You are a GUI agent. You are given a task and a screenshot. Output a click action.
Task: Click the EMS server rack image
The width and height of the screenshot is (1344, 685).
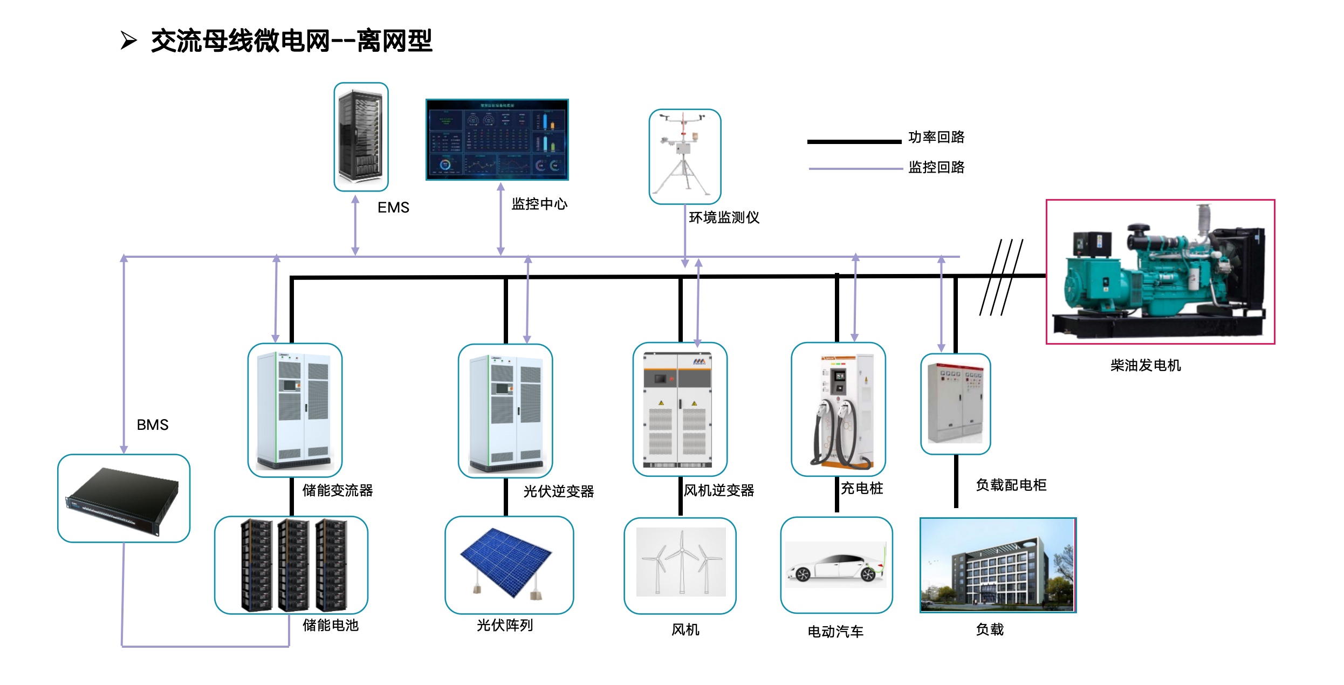tap(361, 136)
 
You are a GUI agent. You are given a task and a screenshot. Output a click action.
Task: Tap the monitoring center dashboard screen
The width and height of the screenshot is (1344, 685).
tap(497, 139)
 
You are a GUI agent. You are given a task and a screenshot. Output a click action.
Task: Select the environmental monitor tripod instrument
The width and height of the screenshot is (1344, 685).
tap(684, 156)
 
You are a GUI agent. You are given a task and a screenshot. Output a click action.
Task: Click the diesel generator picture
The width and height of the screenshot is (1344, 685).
tap(1160, 271)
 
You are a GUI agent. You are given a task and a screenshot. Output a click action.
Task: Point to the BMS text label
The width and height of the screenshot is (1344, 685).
tap(153, 425)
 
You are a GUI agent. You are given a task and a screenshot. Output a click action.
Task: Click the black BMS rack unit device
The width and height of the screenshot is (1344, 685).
tap(124, 498)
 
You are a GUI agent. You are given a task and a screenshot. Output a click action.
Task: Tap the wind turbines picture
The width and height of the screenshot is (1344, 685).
tap(680, 564)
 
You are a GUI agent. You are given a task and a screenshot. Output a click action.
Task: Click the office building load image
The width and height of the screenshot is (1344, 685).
tap(998, 565)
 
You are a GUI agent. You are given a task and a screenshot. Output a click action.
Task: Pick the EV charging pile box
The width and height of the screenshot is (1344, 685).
tap(838, 409)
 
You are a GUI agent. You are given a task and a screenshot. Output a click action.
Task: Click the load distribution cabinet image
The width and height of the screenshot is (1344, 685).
tap(955, 403)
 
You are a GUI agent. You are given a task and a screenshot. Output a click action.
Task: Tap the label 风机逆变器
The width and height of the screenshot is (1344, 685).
tap(719, 490)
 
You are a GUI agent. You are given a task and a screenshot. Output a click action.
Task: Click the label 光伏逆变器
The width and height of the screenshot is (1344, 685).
tap(559, 491)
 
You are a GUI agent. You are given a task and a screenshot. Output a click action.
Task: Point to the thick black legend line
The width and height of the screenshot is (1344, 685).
tap(854, 142)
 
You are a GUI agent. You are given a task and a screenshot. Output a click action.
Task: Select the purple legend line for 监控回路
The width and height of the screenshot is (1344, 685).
tap(855, 169)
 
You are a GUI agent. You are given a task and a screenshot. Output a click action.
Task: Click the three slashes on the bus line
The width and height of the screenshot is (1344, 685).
tap(1001, 277)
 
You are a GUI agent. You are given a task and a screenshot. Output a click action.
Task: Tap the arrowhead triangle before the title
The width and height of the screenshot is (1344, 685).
tap(128, 40)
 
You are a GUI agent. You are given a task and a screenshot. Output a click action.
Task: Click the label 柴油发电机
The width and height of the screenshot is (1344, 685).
tap(1146, 366)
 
